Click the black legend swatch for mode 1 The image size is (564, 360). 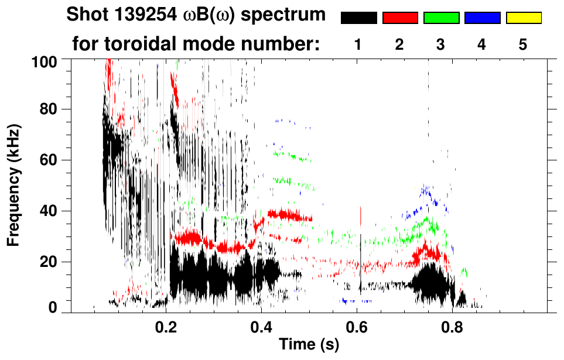coord(359,18)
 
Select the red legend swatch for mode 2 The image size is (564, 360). coord(400,18)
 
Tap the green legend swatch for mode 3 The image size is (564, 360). coord(441,18)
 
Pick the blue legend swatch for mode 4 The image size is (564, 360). coord(482,18)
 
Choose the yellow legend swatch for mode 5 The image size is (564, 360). coord(523,18)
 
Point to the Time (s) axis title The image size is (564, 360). coord(308,345)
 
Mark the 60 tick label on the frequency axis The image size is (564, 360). coord(52,160)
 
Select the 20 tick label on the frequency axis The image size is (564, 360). coord(52,262)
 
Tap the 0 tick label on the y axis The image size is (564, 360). coord(56,307)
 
